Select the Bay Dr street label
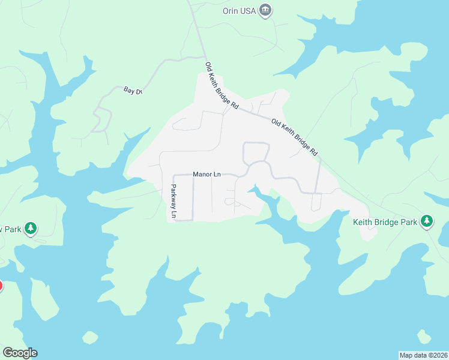132,91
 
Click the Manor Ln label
206,175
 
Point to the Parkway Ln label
173,200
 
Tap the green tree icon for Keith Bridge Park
427,221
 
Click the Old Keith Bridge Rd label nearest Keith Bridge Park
294,137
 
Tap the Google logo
20,353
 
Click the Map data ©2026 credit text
423,355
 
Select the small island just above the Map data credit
424,337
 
